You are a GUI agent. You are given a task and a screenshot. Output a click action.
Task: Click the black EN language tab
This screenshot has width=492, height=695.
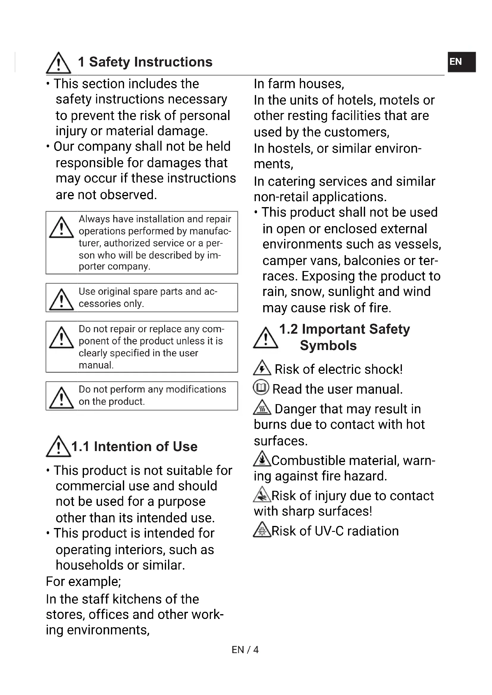coord(461,62)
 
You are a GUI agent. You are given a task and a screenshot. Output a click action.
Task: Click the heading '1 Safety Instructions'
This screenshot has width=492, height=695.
coord(145,62)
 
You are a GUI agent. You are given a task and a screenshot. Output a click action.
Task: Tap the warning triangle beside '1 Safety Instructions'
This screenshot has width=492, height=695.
coord(59,63)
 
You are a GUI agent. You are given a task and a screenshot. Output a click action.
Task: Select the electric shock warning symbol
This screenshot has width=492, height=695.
coord(262,368)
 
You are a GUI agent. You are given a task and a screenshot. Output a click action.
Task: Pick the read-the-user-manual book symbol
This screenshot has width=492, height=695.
coord(261,387)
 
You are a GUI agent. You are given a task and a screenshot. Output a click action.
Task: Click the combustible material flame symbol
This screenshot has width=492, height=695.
coord(262,459)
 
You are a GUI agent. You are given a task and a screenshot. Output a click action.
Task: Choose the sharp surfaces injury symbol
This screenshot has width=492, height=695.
coord(262,494)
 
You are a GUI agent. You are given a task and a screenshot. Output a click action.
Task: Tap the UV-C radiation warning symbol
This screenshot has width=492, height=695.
coord(262,529)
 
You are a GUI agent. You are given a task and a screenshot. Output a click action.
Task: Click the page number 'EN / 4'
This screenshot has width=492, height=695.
coord(245,650)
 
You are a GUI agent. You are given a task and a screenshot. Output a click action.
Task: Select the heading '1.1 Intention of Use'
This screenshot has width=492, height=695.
coord(134,447)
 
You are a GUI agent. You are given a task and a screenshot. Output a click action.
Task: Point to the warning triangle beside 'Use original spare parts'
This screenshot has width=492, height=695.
coord(62,300)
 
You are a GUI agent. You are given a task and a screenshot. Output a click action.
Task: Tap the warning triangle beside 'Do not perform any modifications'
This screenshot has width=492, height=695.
coord(62,398)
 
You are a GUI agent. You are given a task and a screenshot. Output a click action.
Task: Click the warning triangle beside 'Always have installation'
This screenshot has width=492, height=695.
coord(62,227)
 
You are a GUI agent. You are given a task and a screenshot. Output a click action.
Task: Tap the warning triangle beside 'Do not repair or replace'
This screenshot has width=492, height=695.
coord(62,338)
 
